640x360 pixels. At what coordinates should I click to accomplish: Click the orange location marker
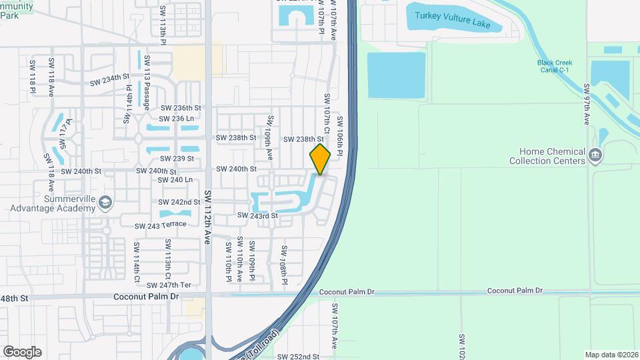click(320, 159)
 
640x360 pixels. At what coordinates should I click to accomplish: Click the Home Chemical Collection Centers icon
click(595, 156)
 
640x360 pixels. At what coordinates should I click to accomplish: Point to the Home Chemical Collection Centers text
click(547, 156)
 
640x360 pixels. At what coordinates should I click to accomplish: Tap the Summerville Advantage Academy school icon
click(105, 202)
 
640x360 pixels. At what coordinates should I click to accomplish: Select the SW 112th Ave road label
click(207, 217)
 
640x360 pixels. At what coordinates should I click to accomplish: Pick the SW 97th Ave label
click(587, 104)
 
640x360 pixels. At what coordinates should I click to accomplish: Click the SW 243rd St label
click(255, 216)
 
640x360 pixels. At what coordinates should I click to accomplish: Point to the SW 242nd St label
click(179, 202)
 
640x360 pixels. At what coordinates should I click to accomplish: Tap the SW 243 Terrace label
click(160, 225)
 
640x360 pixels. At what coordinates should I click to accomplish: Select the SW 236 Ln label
click(177, 118)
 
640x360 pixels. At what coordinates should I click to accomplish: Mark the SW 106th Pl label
click(340, 137)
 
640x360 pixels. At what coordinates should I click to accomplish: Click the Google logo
click(22, 352)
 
